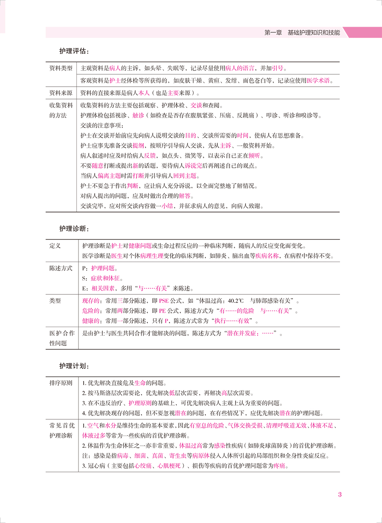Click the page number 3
(340, 495)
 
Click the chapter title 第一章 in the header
(273, 32)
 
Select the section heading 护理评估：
(74, 52)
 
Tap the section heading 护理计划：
(74, 366)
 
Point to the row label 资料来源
(61, 93)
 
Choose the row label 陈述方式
(61, 269)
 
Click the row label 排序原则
(61, 383)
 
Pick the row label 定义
(55, 246)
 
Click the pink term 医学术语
(317, 81)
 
